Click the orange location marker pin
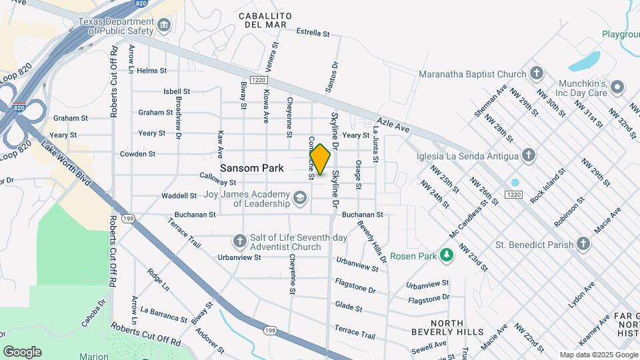320,159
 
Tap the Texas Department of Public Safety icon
164,25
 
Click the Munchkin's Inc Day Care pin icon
617,87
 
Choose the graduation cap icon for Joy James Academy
300,197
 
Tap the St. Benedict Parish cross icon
583,244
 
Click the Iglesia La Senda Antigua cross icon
529,156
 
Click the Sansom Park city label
252,168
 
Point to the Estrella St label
313,32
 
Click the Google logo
22,351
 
